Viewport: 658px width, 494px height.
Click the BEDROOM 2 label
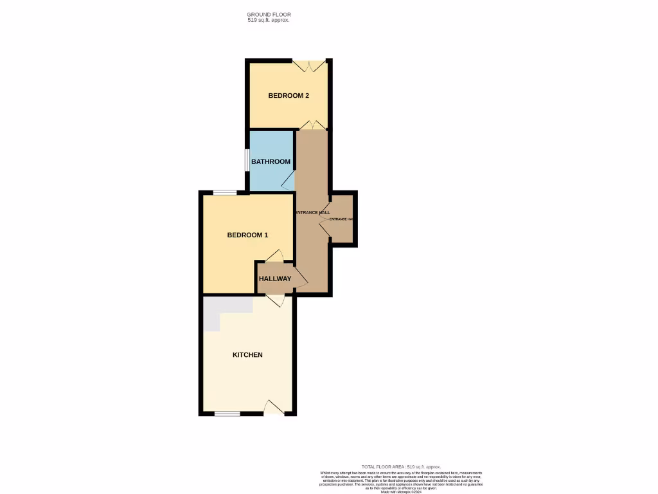[x=289, y=96]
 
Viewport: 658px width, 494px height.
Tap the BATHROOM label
[x=271, y=161]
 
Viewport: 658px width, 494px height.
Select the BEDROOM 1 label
[x=247, y=235]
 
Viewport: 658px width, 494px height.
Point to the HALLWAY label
[x=274, y=279]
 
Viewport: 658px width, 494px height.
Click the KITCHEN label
[x=247, y=355]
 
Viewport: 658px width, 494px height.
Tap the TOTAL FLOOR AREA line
[x=398, y=466]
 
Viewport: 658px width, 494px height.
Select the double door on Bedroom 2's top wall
[x=309, y=65]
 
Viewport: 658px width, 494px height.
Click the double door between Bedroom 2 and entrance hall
[x=311, y=125]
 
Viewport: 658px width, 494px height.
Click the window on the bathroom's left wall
[x=247, y=161]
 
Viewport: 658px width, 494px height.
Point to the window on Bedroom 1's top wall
[x=224, y=192]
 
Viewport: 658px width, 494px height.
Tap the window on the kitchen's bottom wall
[x=227, y=414]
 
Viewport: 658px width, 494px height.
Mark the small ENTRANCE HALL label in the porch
[x=341, y=219]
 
